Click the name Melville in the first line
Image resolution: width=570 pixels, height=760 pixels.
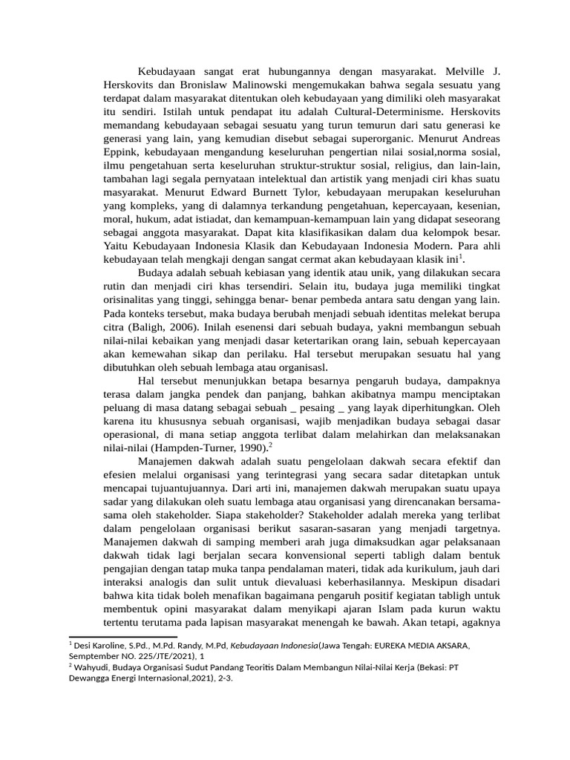tap(468, 72)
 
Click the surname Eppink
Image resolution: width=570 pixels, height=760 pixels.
tap(120, 152)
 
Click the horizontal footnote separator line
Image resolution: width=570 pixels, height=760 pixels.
tap(122, 637)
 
